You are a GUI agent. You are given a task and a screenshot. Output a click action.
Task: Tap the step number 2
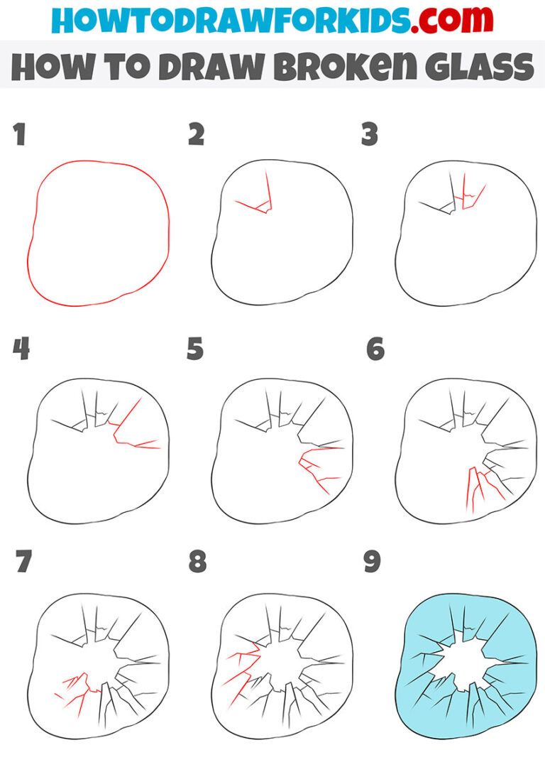pos(197,134)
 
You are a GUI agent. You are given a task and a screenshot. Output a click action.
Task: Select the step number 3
pos(370,134)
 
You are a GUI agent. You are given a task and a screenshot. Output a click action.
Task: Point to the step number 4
pos(21,349)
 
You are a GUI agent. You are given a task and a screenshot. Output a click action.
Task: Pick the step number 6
pos(375,349)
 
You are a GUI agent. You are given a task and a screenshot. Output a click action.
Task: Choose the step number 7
pos(24,561)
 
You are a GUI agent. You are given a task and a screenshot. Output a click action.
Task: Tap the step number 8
pos(197,561)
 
